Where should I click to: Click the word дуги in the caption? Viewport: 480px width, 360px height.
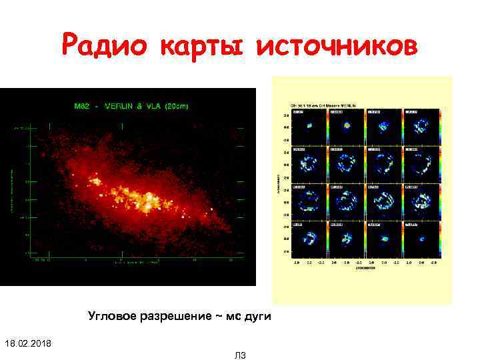coord(257,315)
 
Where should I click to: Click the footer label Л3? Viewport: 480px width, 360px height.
coord(240,356)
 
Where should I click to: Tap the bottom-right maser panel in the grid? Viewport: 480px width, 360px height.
coord(419,237)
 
